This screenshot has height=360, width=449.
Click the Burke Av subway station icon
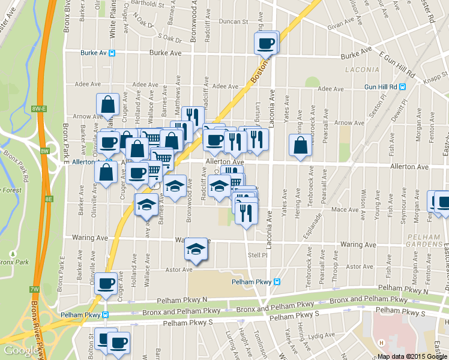point(112,53)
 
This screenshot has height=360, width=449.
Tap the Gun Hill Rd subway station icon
point(402,86)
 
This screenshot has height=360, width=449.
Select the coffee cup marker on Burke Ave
point(266,43)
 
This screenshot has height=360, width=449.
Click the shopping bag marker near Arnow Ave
point(108,105)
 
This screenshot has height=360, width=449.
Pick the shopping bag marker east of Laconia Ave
point(300,145)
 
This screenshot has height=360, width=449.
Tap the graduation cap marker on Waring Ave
point(195,248)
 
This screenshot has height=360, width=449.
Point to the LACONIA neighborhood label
point(363,70)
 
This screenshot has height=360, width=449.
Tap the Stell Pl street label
point(257,255)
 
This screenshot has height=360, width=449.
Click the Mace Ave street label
point(345,210)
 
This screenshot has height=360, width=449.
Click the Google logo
point(19,350)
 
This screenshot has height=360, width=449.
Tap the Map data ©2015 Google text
point(412,356)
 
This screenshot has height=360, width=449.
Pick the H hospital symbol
point(381,343)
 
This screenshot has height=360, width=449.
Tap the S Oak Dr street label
point(170,37)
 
